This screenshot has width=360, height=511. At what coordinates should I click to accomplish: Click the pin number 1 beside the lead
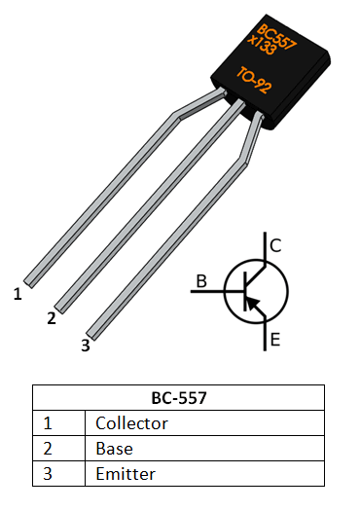click(18, 293)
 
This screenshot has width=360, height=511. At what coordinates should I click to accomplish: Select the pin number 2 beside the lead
click(51, 318)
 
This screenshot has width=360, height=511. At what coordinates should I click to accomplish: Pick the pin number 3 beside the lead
click(85, 345)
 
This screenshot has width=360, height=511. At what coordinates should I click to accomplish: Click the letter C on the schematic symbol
click(275, 246)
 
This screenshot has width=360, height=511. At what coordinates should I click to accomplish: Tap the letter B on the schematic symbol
click(201, 282)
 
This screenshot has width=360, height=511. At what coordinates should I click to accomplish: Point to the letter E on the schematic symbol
click(275, 340)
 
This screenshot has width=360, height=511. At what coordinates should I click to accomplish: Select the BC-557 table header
click(178, 398)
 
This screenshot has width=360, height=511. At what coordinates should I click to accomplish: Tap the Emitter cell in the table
click(126, 474)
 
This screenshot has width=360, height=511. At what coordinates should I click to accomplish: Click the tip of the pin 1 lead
click(29, 281)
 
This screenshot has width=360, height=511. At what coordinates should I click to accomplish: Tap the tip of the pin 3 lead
click(93, 332)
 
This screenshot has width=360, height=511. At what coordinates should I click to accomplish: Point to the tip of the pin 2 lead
click(61, 307)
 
